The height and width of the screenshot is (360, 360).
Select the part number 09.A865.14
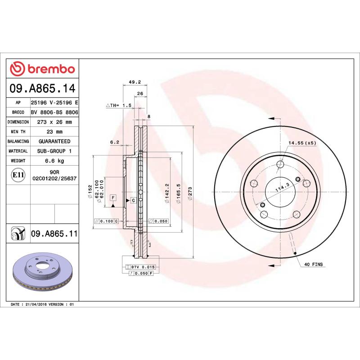(42, 88)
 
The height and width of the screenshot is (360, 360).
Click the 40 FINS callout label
(314, 264)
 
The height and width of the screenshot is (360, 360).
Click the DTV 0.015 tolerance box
(141, 267)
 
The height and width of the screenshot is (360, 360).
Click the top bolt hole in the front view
(280, 164)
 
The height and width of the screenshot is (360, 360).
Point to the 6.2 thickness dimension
(114, 142)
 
